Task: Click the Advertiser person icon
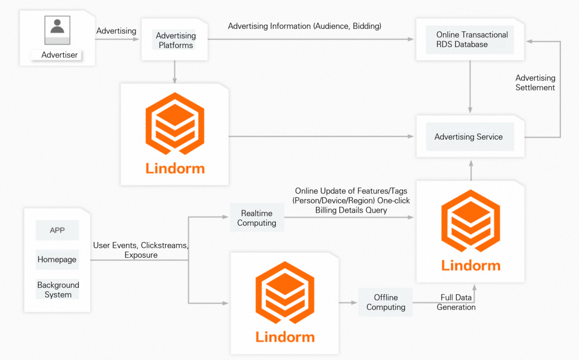57,30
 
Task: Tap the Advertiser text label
59,55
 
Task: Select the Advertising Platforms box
176,40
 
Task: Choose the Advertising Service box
469,137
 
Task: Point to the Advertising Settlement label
535,83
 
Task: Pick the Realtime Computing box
257,218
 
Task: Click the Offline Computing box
386,302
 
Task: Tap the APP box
57,230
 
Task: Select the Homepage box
57,260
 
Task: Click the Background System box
58,290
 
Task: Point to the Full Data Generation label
456,302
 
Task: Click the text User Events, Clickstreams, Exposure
141,250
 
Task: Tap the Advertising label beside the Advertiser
116,31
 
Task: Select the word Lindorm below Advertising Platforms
175,168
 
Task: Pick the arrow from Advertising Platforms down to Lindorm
175,72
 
